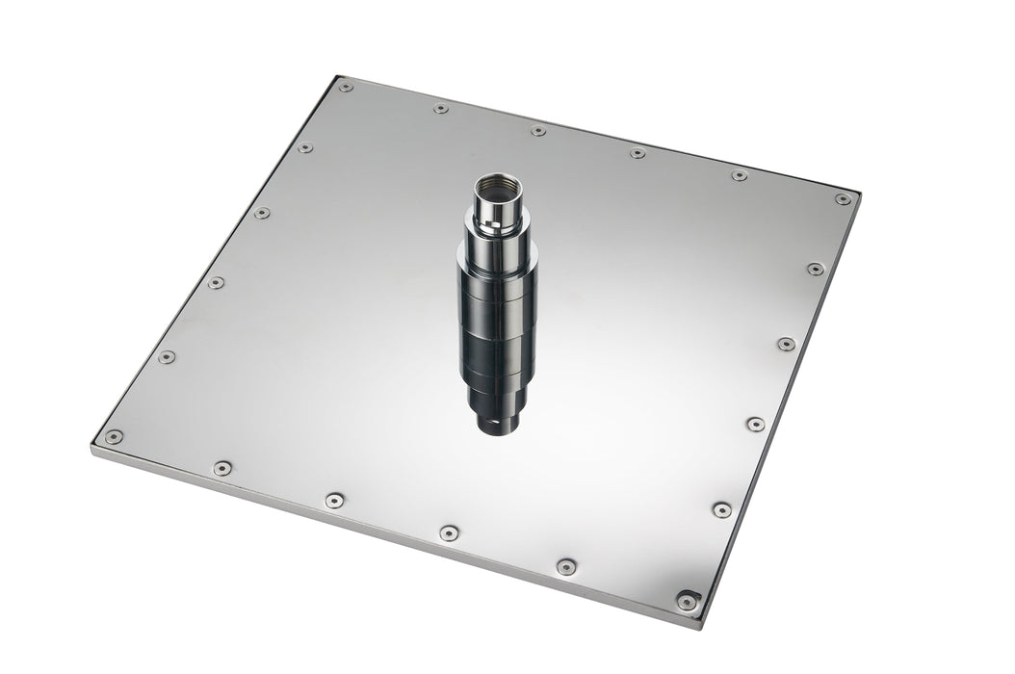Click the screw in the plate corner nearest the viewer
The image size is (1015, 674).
[x=686, y=601]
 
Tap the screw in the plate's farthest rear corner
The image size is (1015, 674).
[x=345, y=87]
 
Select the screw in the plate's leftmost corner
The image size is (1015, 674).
[x=114, y=436]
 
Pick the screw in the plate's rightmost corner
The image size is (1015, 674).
[x=843, y=199]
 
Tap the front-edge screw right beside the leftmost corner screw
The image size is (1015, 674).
[x=222, y=468]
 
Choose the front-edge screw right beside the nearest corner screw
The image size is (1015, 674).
[x=566, y=566]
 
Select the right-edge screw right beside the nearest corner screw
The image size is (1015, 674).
[x=721, y=509]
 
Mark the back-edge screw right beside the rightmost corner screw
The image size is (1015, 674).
[x=739, y=175]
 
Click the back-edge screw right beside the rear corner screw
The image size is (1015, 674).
[x=440, y=108]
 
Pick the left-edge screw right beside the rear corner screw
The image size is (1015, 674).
[x=305, y=148]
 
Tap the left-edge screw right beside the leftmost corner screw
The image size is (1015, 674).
[x=167, y=356]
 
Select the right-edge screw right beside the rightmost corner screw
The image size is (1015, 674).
[x=816, y=269]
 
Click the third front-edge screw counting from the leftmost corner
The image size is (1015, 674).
[x=449, y=532]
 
